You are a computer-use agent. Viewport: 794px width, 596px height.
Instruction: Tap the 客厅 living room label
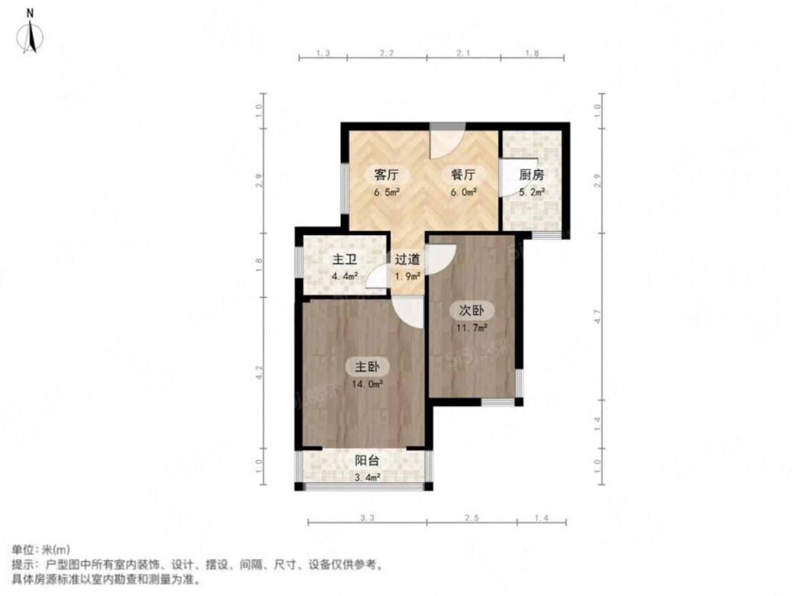point(385,175)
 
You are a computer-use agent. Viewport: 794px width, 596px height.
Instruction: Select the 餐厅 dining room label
point(462,175)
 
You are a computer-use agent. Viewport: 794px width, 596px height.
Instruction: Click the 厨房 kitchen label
point(531,175)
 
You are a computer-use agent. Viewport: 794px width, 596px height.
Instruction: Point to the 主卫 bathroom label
point(344,260)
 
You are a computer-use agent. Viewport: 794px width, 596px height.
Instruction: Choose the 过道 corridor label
point(407,260)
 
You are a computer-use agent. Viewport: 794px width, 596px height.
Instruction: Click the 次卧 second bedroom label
point(471,310)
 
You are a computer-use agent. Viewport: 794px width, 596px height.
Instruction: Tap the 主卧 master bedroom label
point(368,367)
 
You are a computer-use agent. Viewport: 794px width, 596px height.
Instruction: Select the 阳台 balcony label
point(367,461)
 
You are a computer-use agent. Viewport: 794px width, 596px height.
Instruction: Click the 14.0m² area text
point(367,384)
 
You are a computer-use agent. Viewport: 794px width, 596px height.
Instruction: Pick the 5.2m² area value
point(531,193)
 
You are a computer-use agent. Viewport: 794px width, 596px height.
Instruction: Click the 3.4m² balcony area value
point(367,477)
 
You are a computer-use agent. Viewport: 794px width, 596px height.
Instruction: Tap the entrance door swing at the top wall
point(447,140)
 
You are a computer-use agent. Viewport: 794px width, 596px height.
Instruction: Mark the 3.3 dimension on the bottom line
point(367,519)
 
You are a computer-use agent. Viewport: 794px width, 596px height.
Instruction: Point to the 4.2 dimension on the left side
point(259,373)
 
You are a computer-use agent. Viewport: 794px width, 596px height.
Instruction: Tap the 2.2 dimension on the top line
point(387,54)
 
